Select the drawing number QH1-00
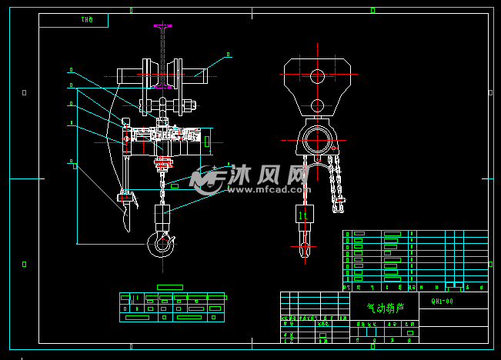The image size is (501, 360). click(x=443, y=302)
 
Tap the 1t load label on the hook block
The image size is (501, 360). click(x=303, y=215)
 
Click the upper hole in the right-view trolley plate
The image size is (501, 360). click(x=317, y=75)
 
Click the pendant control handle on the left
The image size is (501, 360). click(x=125, y=206)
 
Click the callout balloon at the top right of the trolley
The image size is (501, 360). click(x=229, y=55)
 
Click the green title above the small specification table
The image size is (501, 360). click(x=169, y=287)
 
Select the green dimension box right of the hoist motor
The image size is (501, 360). click(x=206, y=141)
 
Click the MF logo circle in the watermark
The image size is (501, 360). click(x=205, y=181)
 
